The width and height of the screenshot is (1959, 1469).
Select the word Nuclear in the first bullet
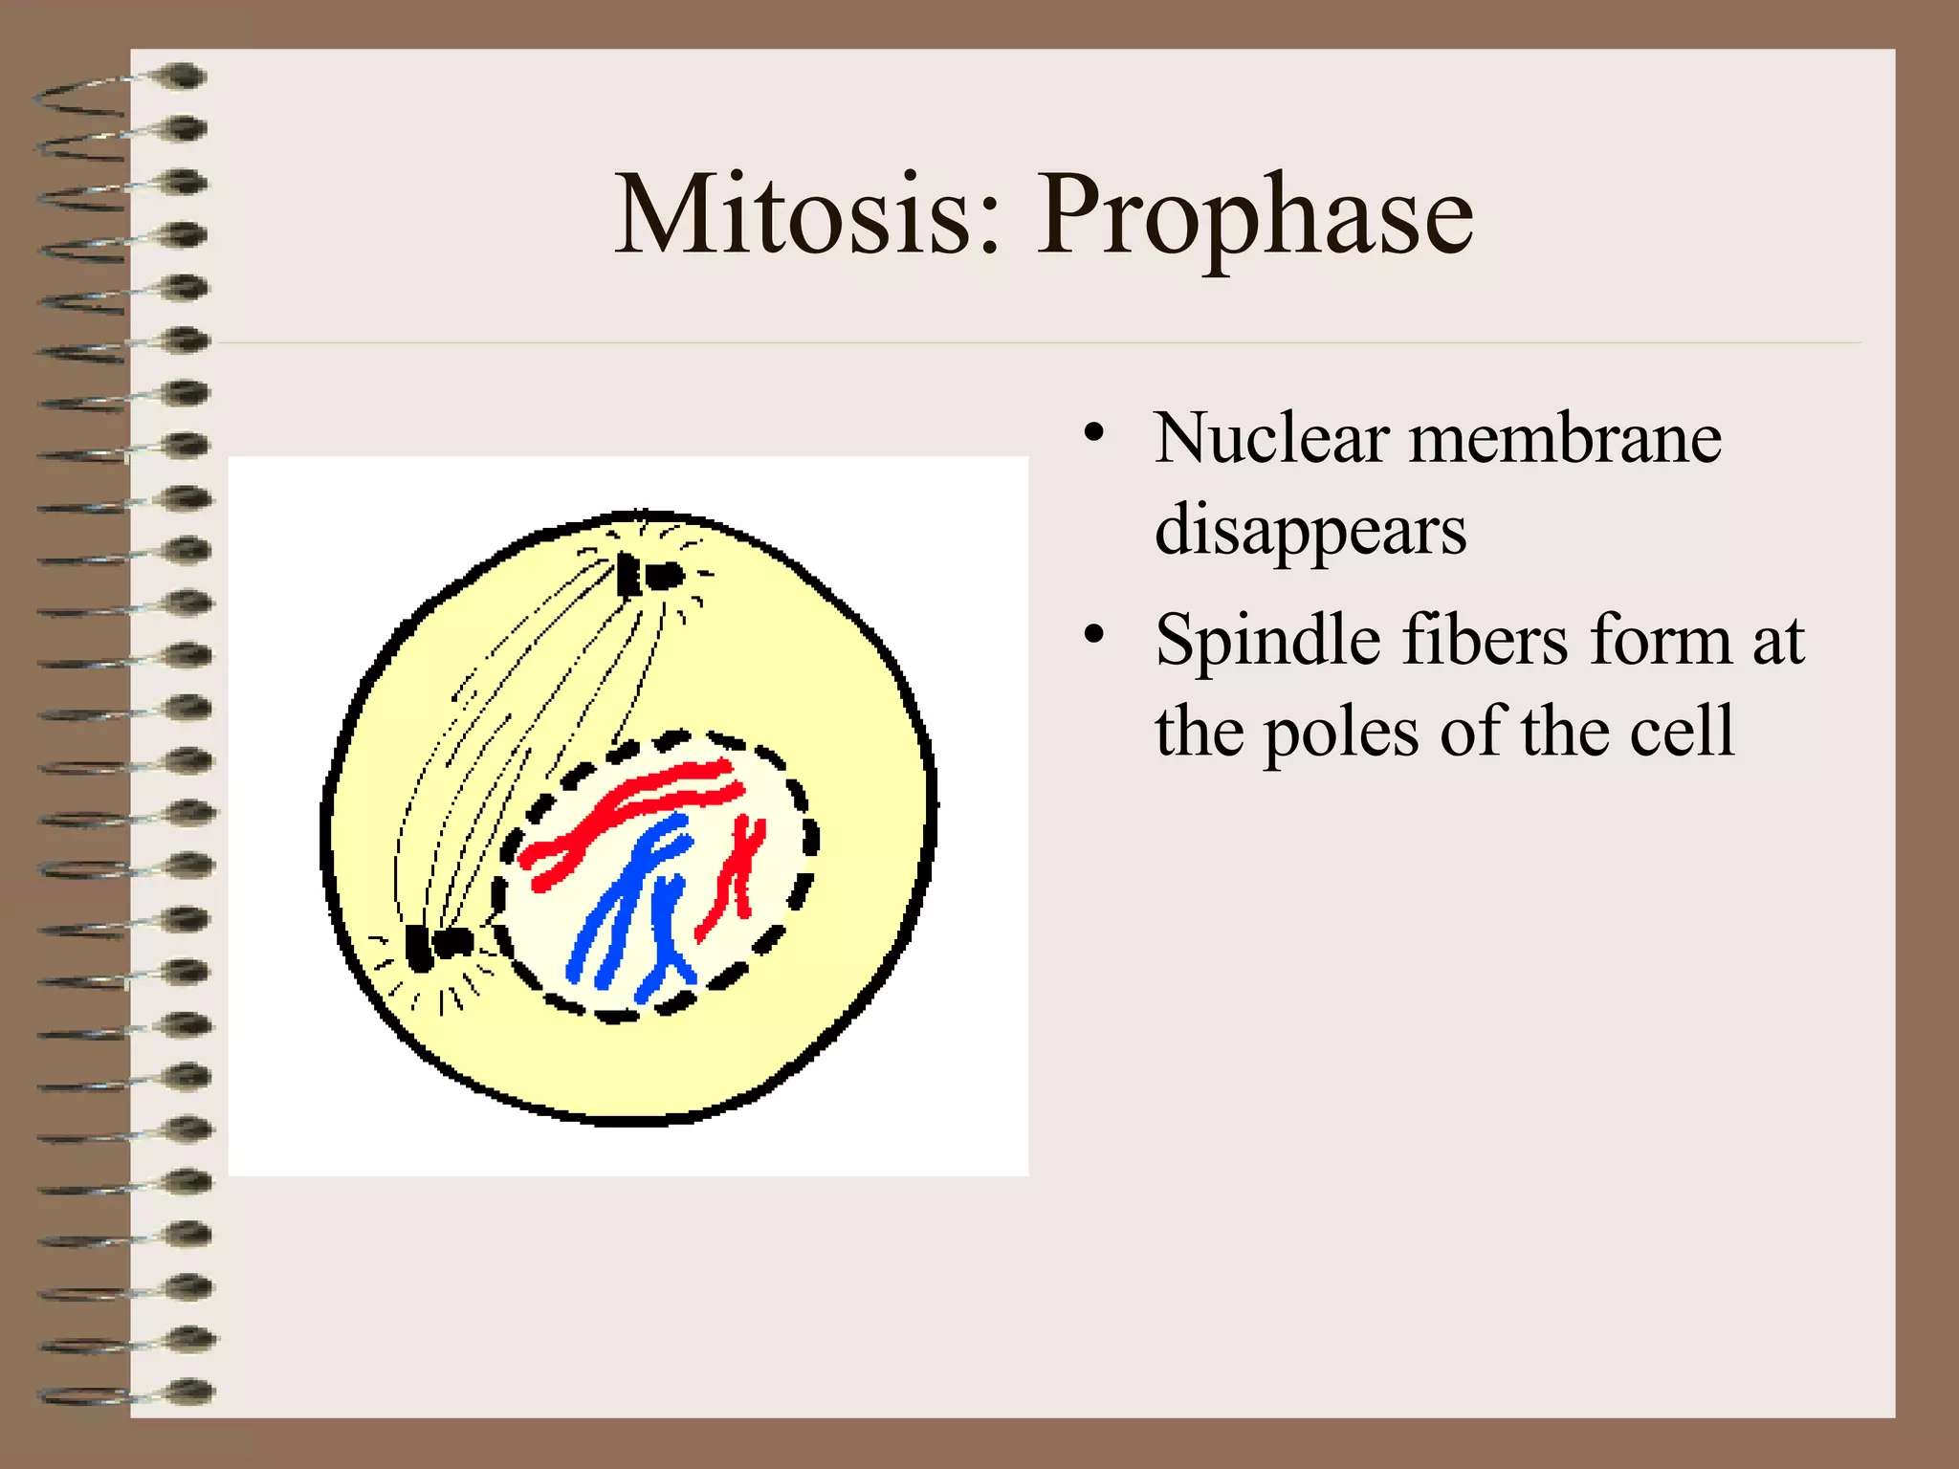coord(1271,439)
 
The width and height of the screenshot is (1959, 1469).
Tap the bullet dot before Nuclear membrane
coord(1093,432)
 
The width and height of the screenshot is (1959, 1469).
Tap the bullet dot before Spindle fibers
coord(1093,633)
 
